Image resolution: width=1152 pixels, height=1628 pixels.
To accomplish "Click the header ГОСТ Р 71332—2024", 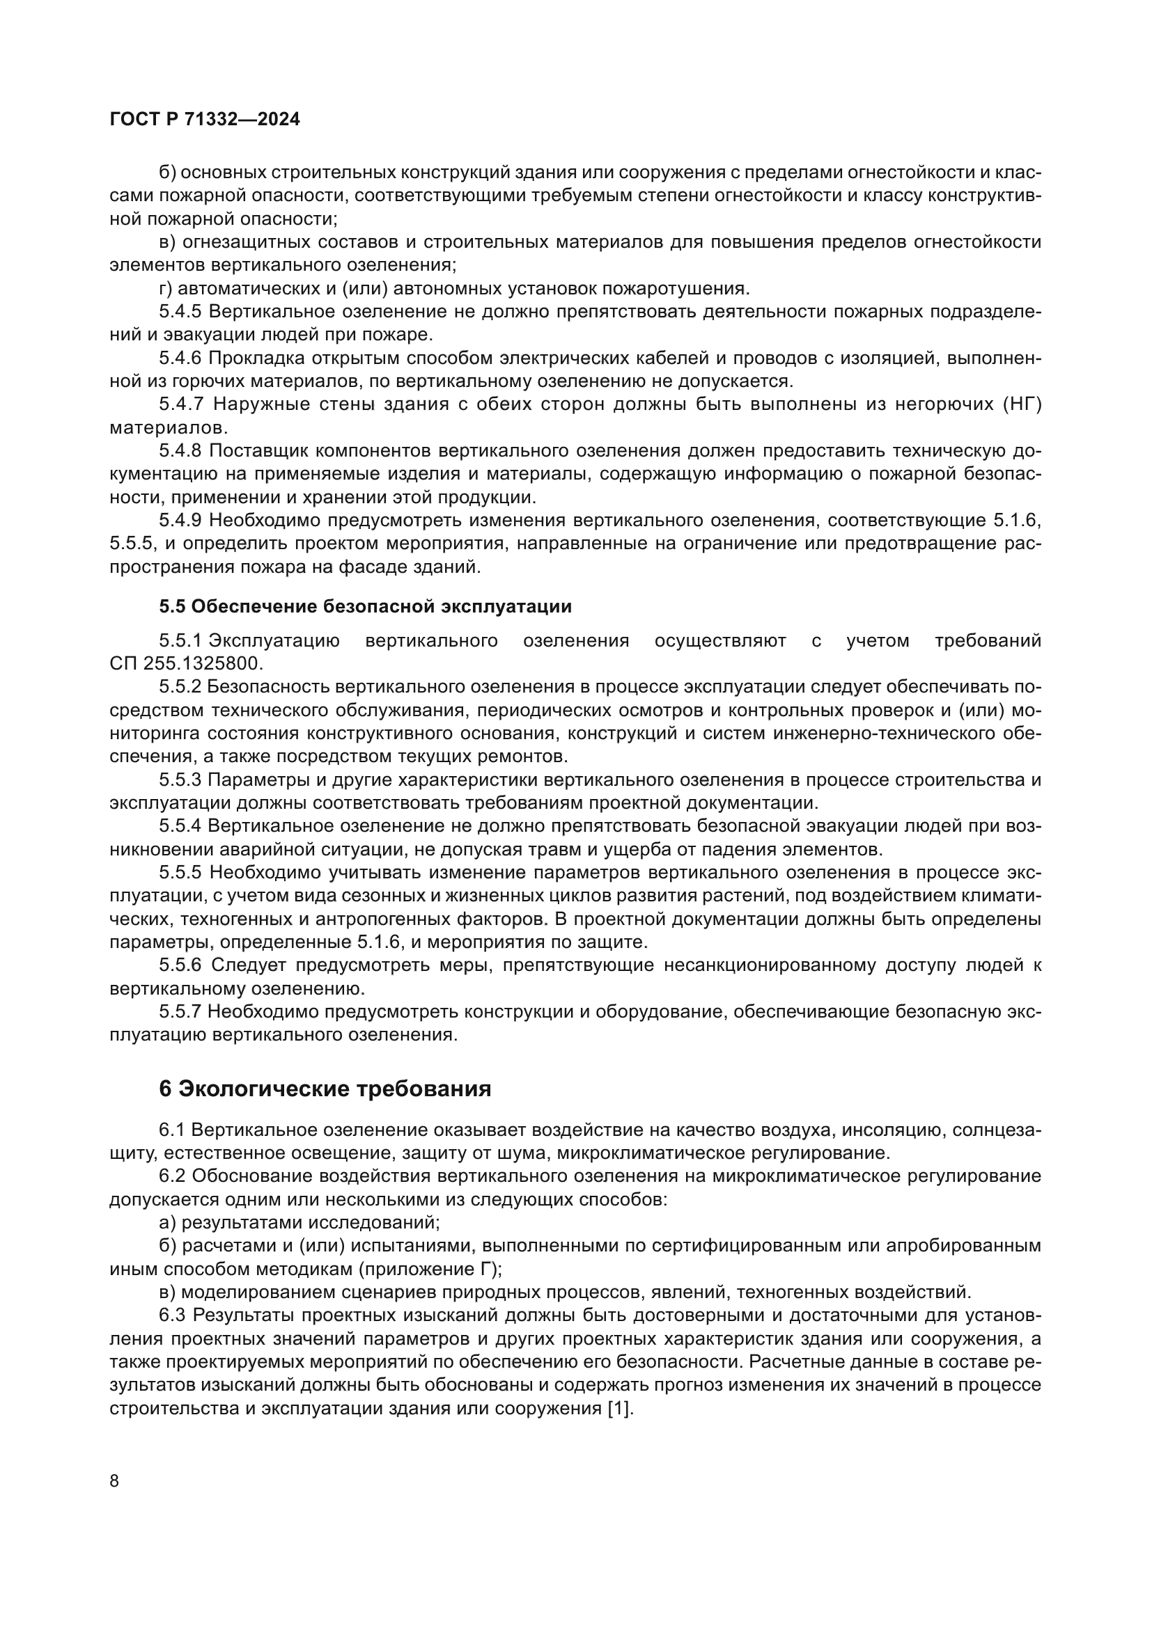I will [x=204, y=119].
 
